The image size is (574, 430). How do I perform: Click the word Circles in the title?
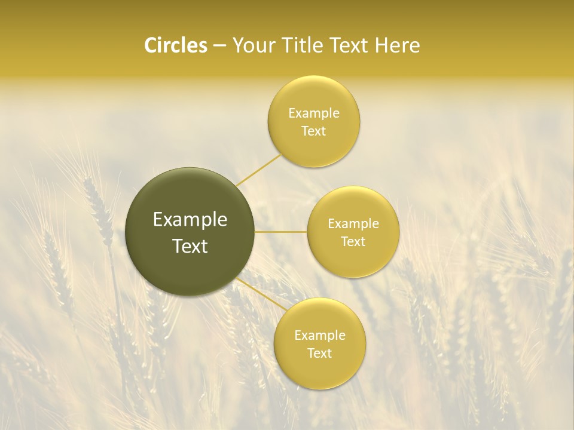(175, 45)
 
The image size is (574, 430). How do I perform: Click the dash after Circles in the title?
(219, 47)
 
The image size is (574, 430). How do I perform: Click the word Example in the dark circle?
(190, 220)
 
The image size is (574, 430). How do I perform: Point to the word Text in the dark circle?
(190, 246)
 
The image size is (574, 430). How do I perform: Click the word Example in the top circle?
(313, 113)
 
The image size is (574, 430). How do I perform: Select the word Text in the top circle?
(313, 131)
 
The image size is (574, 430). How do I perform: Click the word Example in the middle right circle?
(353, 224)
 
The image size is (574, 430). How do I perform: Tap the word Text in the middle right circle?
(353, 242)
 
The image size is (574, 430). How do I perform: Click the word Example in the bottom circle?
(319, 336)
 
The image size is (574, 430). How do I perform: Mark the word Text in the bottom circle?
(319, 354)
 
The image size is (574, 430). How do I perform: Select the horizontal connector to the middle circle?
(281, 232)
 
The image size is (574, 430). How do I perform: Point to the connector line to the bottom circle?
(263, 295)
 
